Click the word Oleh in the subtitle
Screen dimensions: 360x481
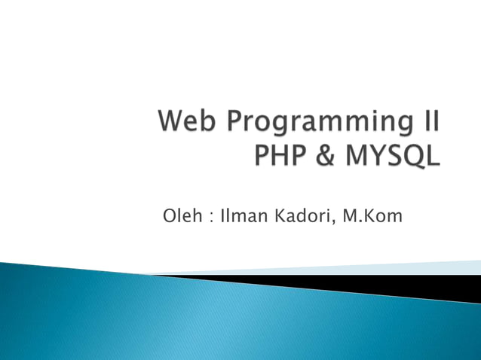(181, 217)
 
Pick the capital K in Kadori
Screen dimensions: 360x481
(278, 217)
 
